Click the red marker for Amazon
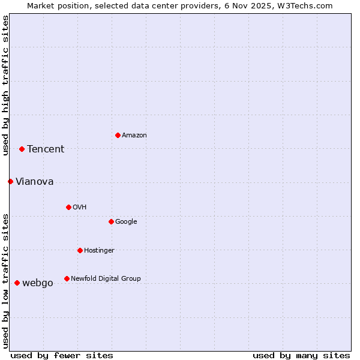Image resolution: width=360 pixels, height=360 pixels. point(118,135)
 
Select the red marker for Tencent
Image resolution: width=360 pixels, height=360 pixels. point(22,149)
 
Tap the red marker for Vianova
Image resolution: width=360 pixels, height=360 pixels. point(10,181)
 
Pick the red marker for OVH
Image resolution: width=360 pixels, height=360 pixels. point(68,207)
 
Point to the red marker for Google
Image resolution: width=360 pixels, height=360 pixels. point(111,221)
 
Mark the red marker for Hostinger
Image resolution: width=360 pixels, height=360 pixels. point(80,250)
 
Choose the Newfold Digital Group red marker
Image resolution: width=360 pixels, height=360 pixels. point(67,278)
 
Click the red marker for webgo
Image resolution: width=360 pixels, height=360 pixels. point(17,283)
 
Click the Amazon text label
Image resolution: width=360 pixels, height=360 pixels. point(134,136)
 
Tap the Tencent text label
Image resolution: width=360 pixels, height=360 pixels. point(46,149)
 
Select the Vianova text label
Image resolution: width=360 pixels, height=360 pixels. point(35,182)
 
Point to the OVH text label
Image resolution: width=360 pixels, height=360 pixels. point(80,208)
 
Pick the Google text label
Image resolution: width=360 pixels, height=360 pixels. point(126,222)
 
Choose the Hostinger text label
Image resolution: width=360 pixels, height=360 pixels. point(99,251)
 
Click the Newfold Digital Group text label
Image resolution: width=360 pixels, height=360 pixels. point(106,279)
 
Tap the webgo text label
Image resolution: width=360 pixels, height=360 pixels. point(38,283)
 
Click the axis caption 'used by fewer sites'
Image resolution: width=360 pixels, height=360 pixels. point(62,355)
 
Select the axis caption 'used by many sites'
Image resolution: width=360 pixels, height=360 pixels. point(301,355)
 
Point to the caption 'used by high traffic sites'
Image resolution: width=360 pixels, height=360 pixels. point(5,85)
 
